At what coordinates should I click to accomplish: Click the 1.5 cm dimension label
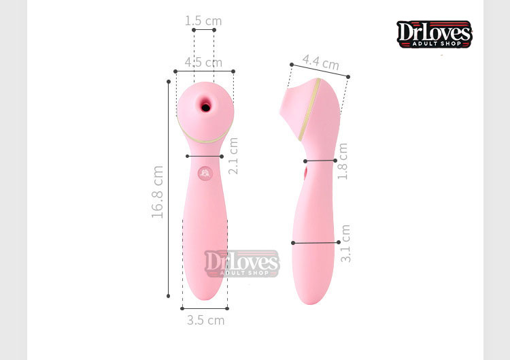click(x=203, y=21)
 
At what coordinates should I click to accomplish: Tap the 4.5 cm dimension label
click(x=203, y=62)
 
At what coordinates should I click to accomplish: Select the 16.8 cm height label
click(x=158, y=192)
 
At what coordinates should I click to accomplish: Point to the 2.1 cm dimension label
click(x=233, y=156)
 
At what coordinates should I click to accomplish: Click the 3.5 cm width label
click(x=205, y=321)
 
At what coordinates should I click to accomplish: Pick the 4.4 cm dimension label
click(x=321, y=62)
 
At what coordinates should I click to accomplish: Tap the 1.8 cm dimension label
click(x=343, y=161)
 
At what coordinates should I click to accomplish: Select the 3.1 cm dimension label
click(x=345, y=244)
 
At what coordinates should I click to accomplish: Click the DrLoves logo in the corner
click(x=435, y=34)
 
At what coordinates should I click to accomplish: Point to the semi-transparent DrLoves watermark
click(x=242, y=263)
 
